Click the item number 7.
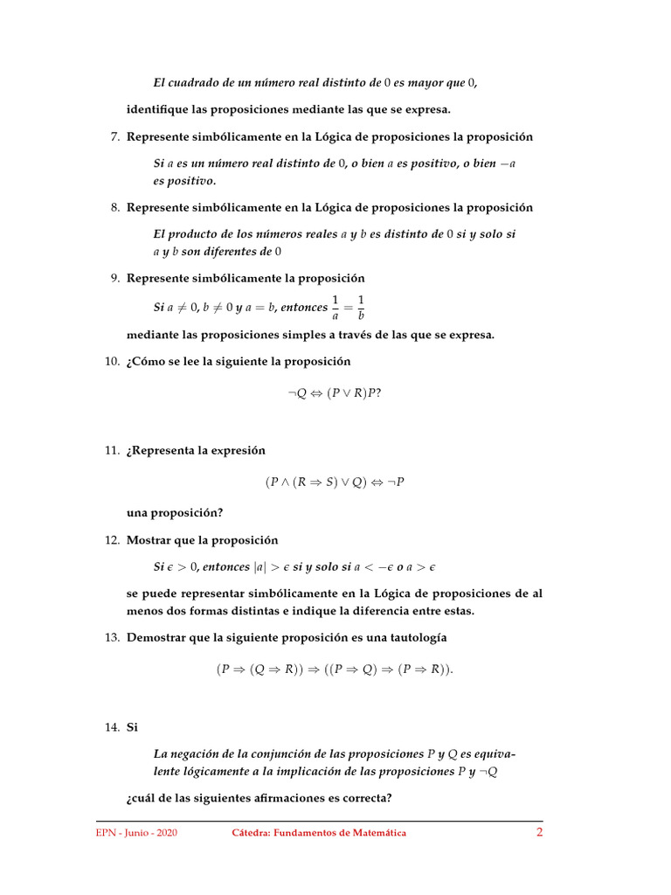(x=114, y=137)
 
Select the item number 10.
(x=111, y=361)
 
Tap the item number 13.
(x=111, y=637)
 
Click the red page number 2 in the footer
(x=539, y=832)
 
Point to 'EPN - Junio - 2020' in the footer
(x=136, y=833)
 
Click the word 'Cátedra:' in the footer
(x=251, y=833)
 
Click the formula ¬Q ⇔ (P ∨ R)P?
(x=335, y=392)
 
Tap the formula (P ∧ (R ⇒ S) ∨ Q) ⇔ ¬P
(x=335, y=482)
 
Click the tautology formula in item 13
(x=335, y=669)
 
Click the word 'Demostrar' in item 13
(x=156, y=637)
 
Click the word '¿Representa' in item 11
(x=163, y=450)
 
